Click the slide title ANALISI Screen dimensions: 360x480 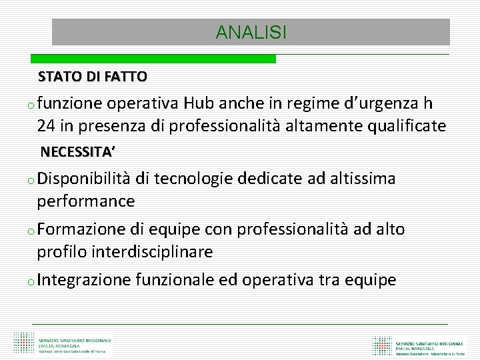[251, 32]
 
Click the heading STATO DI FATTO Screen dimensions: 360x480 [93, 77]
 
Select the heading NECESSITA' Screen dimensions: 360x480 [77, 152]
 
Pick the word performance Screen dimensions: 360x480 [86, 201]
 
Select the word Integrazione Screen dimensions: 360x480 [84, 280]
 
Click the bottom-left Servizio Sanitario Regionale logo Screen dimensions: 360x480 [63, 343]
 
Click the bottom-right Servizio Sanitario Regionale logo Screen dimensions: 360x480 [420, 343]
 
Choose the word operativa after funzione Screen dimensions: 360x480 [141, 104]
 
